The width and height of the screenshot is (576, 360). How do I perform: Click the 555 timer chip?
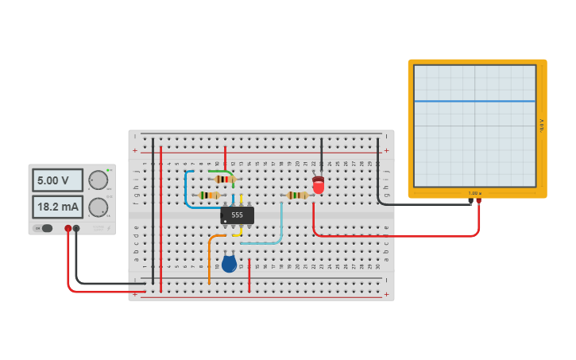coord(237,215)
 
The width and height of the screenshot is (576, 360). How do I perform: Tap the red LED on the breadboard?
coord(319,186)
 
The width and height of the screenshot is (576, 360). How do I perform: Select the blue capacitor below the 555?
coord(229,264)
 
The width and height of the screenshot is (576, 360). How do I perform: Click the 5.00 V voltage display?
coord(57,180)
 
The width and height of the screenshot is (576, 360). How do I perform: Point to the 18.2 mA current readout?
coord(57,207)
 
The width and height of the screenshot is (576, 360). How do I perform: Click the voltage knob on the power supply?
coord(98,180)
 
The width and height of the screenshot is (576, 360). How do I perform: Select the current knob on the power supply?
coord(98,207)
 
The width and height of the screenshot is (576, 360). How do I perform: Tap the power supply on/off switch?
coord(45,228)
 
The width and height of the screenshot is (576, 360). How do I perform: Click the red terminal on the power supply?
coord(68,229)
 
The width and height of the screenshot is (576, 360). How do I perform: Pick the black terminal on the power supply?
coord(76,229)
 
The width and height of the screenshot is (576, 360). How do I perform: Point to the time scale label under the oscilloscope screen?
coord(474,193)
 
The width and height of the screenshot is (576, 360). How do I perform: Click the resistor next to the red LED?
coord(298,195)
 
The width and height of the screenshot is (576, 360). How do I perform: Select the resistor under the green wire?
coord(224,180)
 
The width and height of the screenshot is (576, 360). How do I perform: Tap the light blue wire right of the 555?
coord(280,226)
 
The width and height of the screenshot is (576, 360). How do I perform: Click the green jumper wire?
coord(222,171)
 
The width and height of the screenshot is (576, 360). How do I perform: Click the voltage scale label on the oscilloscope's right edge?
coord(541,126)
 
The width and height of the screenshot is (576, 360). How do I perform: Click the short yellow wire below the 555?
coord(239,232)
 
